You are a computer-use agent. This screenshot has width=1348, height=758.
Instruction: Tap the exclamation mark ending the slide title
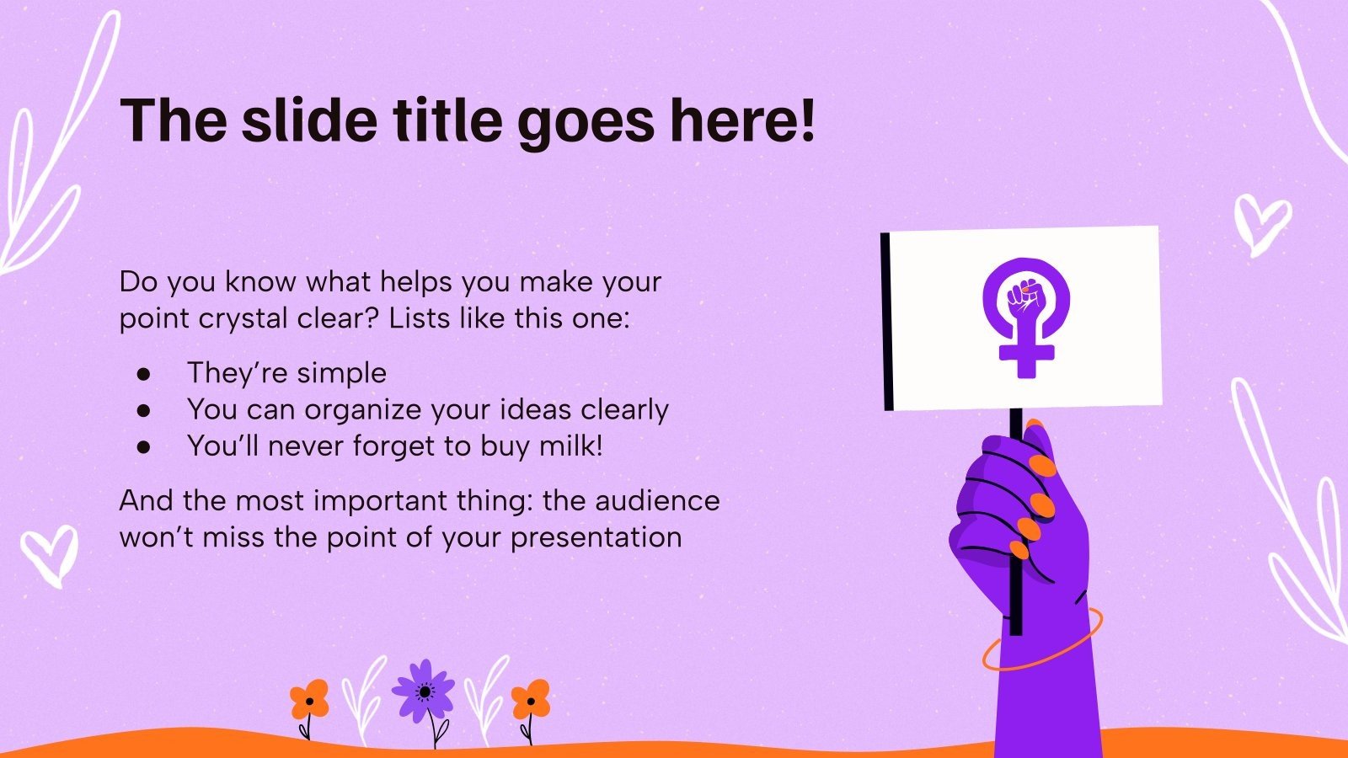tap(806, 120)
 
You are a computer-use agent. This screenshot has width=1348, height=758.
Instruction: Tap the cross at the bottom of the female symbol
tap(1026, 353)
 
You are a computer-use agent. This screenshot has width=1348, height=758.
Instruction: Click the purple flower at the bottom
tap(424, 691)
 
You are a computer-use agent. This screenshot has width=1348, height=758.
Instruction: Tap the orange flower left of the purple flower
tap(309, 700)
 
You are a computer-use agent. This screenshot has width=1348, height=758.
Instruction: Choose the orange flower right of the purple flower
tap(531, 700)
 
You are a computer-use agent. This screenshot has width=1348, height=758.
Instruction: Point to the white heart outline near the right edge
tap(1261, 222)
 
